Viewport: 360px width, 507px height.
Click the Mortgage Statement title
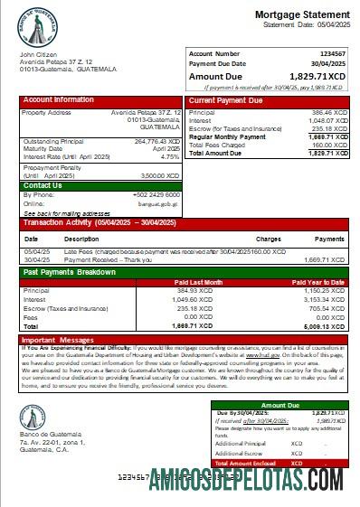point(300,15)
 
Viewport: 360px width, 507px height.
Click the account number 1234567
point(332,54)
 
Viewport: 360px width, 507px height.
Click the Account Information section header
point(59,99)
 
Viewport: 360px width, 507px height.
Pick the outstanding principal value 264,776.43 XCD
point(156,141)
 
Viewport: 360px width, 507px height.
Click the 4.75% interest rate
point(170,156)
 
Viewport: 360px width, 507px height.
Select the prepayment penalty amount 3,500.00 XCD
point(159,175)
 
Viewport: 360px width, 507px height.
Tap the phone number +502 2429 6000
point(156,194)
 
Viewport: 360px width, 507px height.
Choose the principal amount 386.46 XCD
point(328,113)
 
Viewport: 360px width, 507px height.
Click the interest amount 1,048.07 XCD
point(327,120)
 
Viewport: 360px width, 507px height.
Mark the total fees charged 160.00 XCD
point(328,145)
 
